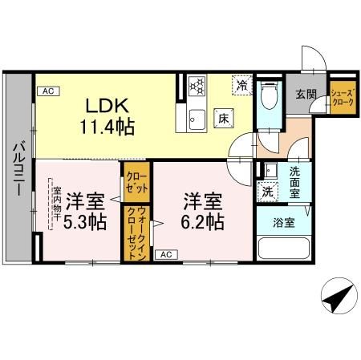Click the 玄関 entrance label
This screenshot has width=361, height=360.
point(306,95)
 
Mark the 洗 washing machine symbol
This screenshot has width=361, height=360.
point(266,191)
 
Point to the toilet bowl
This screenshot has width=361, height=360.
point(269,99)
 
